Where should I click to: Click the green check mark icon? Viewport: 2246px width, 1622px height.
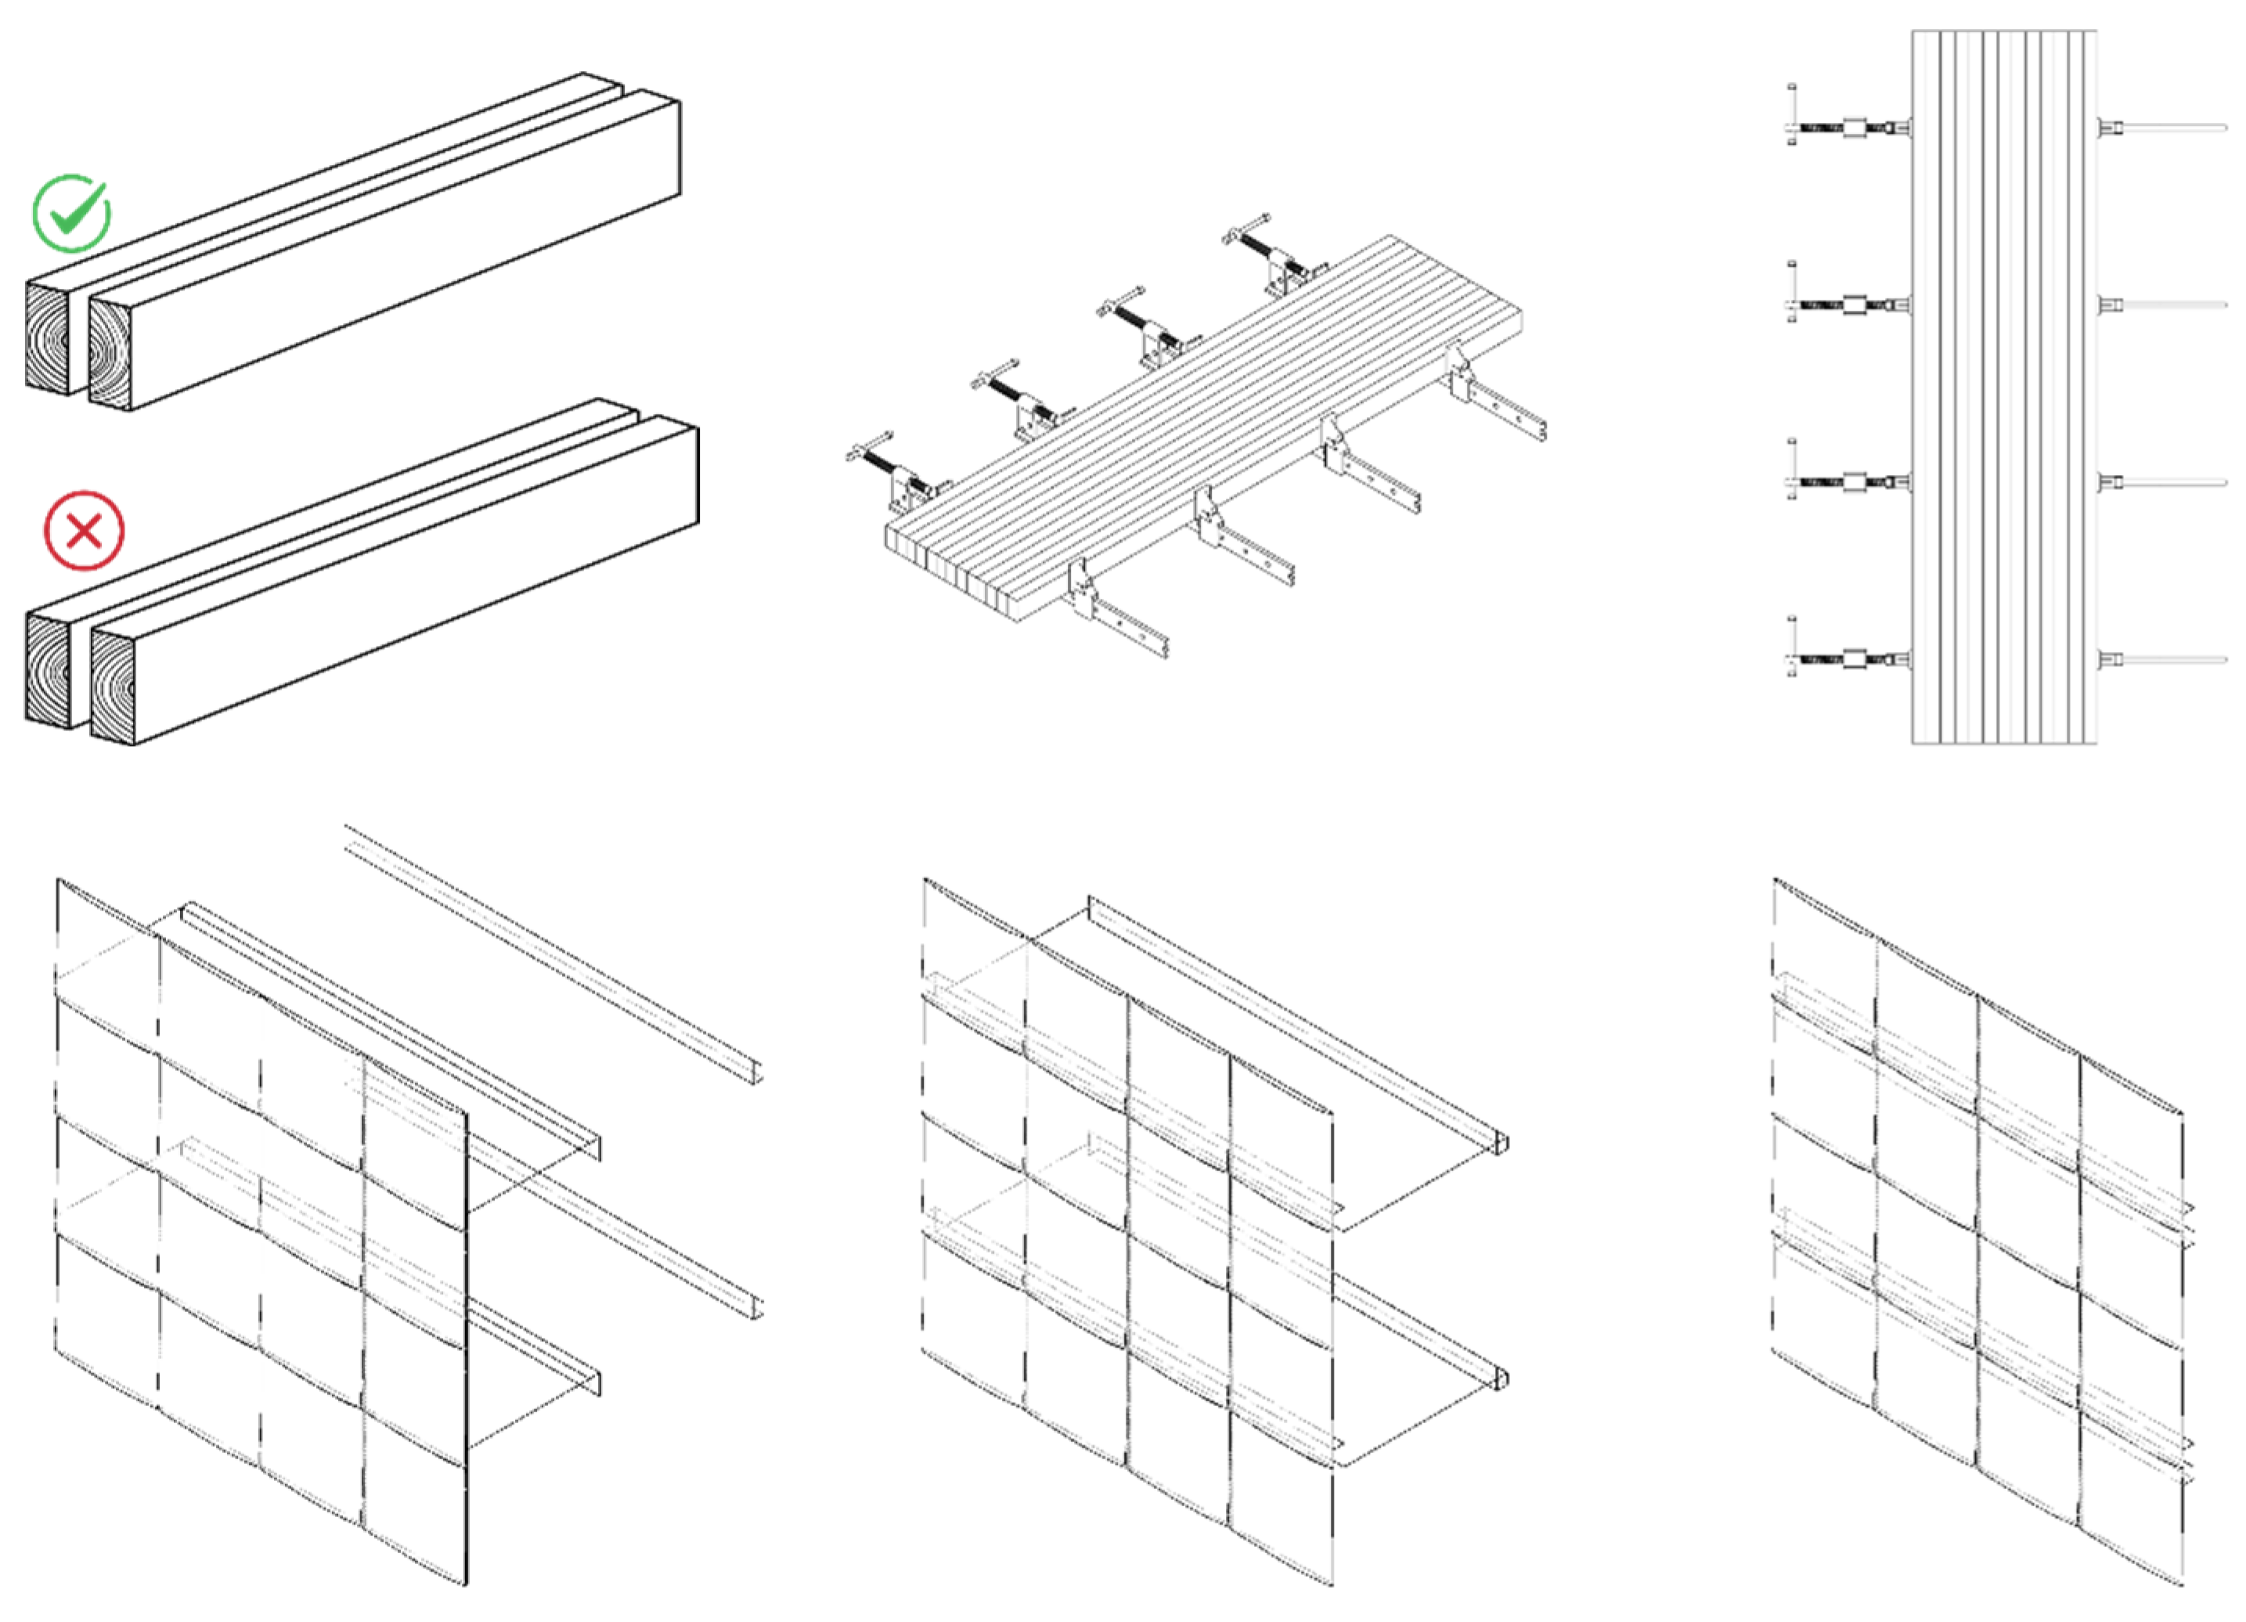click(71, 213)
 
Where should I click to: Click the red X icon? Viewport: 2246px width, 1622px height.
click(85, 531)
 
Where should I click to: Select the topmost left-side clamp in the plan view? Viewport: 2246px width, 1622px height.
click(1848, 128)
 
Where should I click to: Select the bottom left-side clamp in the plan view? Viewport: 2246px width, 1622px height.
click(1848, 659)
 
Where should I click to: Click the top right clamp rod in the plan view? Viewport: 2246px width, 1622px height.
click(2159, 128)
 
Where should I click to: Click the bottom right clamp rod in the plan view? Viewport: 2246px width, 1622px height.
click(2159, 659)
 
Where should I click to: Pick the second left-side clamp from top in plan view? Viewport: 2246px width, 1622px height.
click(1848, 305)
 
